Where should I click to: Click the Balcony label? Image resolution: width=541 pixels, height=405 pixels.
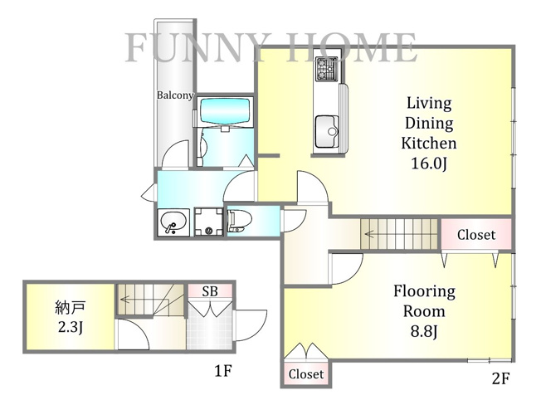click(x=175, y=95)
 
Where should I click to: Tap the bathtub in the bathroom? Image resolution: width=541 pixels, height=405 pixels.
click(x=225, y=112)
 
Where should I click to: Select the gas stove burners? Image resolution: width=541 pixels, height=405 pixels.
click(x=326, y=69)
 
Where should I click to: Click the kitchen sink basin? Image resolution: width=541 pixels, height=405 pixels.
click(x=326, y=132)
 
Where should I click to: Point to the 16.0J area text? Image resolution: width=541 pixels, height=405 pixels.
click(x=429, y=163)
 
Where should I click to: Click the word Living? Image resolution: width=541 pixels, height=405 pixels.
click(x=429, y=103)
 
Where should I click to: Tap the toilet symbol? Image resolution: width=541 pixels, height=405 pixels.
click(x=240, y=221)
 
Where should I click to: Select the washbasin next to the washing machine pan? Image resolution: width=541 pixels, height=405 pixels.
click(x=173, y=222)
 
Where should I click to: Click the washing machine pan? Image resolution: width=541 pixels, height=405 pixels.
click(x=209, y=222)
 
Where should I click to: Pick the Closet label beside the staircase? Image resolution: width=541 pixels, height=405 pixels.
click(x=476, y=235)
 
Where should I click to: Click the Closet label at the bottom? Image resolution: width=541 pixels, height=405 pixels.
click(x=306, y=374)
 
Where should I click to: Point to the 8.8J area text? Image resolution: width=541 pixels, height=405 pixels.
click(x=424, y=331)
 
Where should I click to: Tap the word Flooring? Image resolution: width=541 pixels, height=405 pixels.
click(x=424, y=292)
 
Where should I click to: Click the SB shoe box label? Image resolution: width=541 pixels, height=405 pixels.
click(x=210, y=291)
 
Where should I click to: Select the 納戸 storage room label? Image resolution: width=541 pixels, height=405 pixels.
click(x=70, y=307)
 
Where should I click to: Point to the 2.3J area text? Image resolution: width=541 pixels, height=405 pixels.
click(x=70, y=327)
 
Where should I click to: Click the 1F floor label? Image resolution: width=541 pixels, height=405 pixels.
click(x=222, y=371)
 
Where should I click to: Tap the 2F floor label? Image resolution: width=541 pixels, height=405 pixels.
click(x=500, y=378)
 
